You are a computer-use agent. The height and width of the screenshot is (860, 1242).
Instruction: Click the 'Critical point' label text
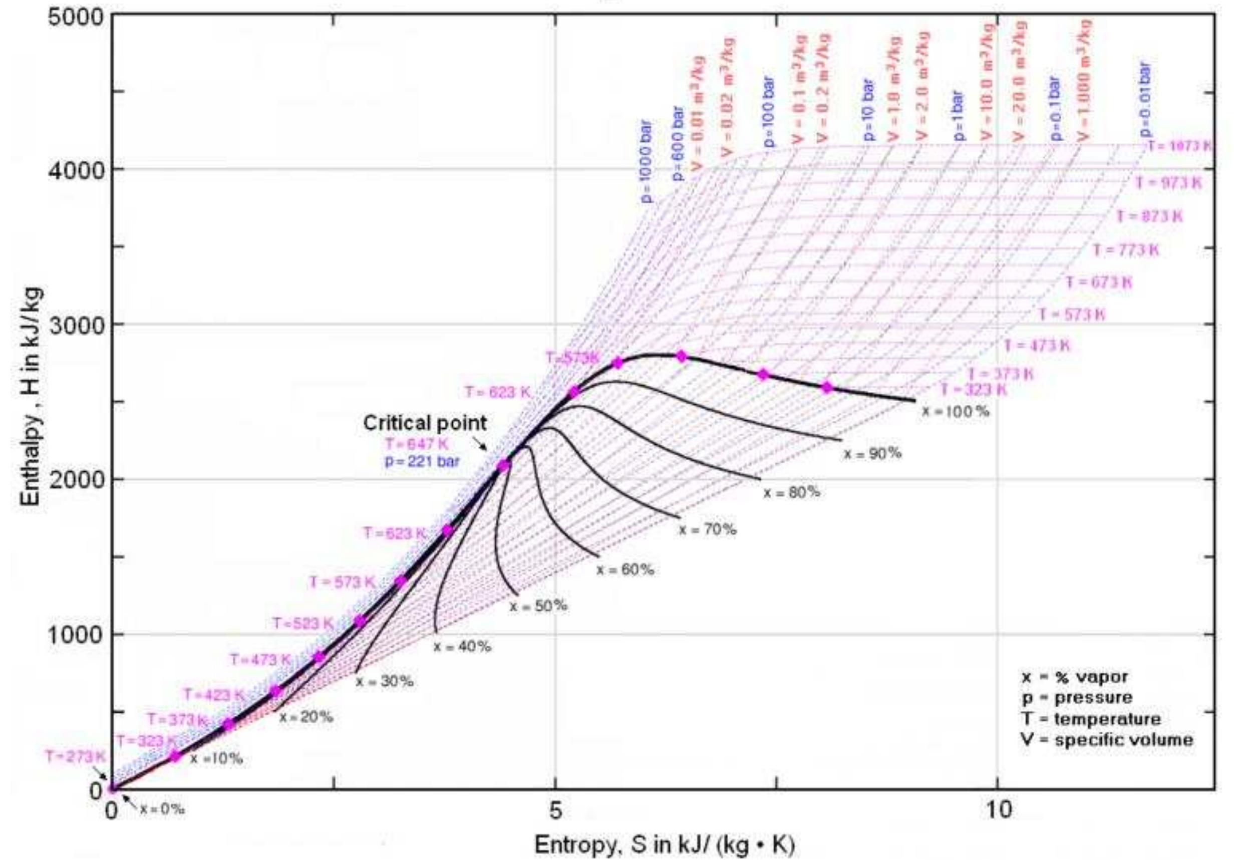(x=425, y=423)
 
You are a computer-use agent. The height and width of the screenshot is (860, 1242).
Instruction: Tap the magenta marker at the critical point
(x=503, y=466)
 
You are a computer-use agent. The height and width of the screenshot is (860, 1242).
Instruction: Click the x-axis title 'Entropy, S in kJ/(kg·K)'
(x=664, y=845)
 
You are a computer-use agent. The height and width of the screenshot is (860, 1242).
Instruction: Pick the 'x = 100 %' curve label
(x=956, y=412)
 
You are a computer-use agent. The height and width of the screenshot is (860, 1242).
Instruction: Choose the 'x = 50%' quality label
(x=538, y=606)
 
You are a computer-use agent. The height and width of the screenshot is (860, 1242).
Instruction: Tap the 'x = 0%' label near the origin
(x=162, y=809)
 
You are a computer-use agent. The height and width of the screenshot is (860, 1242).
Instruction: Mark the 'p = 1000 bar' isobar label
(x=647, y=162)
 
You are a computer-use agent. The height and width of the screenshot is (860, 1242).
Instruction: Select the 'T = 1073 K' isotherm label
(x=1178, y=147)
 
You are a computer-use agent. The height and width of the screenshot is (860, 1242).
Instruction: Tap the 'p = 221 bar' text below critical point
(x=422, y=462)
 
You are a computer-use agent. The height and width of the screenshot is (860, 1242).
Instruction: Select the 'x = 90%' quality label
(x=872, y=454)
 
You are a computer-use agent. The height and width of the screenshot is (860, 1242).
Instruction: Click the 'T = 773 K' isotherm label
(x=1126, y=250)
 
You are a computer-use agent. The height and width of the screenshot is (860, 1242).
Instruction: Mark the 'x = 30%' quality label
(x=384, y=682)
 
